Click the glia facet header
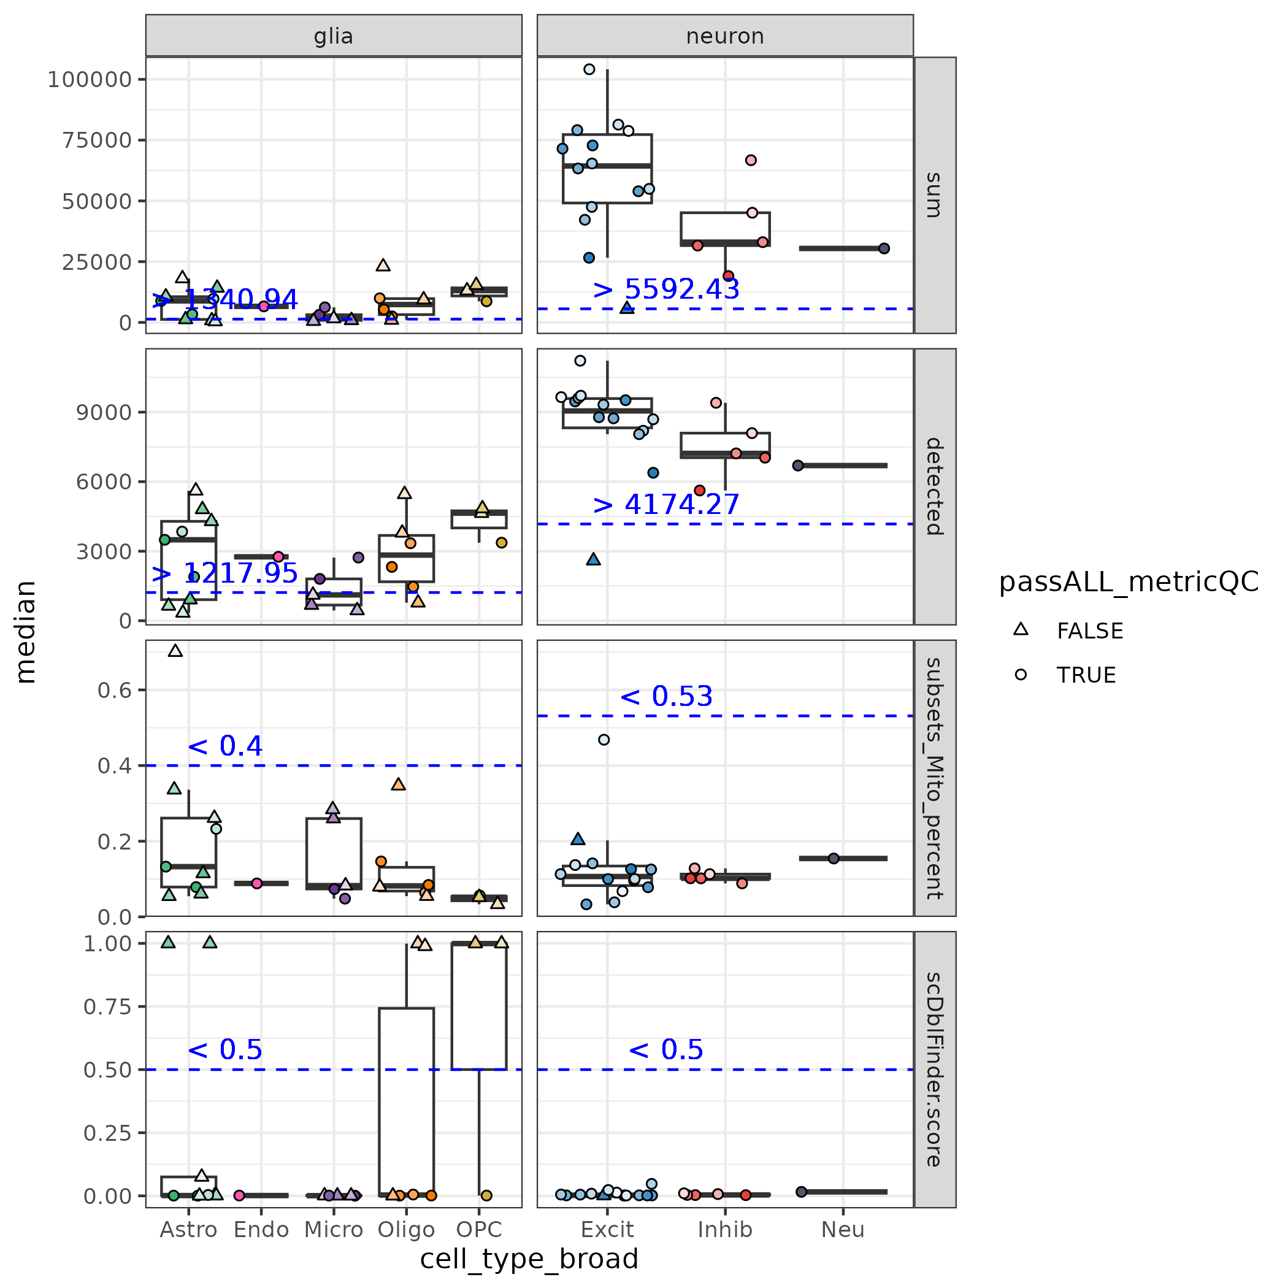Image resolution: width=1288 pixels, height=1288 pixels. [333, 36]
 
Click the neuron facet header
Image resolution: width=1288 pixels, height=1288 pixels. [725, 36]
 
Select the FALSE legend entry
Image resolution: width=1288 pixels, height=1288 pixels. [1089, 631]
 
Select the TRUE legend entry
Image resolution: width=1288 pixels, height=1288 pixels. [1086, 675]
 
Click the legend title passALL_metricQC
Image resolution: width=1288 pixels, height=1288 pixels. [1128, 582]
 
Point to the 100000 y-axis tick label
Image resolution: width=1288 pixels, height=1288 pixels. [90, 79]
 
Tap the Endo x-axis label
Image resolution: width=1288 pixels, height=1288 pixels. [261, 1229]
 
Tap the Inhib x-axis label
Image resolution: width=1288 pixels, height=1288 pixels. [725, 1229]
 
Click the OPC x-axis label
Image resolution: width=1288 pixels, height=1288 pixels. [478, 1229]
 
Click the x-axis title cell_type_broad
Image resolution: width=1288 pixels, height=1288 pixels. [529, 1259]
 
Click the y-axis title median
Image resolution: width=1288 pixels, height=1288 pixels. [25, 631]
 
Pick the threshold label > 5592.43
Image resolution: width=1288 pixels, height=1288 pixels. [665, 289]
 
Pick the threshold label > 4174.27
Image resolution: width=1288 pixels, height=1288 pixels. [665, 504]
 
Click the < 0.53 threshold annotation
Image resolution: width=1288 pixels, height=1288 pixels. [665, 696]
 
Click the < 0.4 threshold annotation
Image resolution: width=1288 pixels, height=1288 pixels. [224, 746]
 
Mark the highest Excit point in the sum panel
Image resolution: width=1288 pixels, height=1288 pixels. [589, 69]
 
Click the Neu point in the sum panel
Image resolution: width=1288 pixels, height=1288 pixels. [884, 248]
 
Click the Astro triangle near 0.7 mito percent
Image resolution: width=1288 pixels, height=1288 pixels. [175, 651]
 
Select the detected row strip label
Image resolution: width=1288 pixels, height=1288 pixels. [935, 486]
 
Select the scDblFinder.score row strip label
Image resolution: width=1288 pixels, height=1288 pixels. [935, 1069]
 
